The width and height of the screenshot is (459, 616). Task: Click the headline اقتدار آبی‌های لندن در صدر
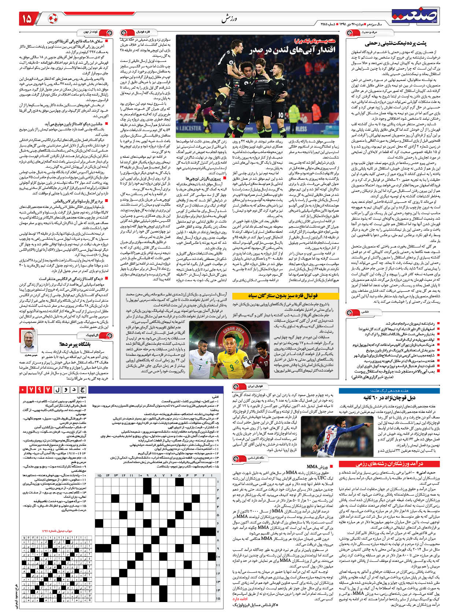(x=293, y=50)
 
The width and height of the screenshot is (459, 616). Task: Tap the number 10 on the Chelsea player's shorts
(x=281, y=115)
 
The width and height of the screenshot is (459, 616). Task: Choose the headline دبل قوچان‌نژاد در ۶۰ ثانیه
(x=389, y=397)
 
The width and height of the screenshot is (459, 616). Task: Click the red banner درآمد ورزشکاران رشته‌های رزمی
(x=389, y=464)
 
